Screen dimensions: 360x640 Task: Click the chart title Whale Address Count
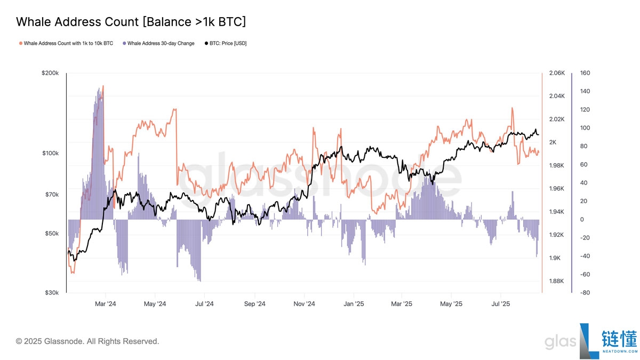coord(131,22)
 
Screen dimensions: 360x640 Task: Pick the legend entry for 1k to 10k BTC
coord(68,43)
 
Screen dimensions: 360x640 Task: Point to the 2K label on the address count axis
coord(553,142)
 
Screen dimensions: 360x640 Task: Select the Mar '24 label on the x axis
coord(105,304)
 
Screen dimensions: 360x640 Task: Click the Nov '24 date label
coord(304,304)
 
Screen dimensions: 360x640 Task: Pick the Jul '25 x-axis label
coord(500,304)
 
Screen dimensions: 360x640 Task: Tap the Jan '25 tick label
coord(353,304)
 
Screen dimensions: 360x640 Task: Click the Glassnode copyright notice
coord(87,341)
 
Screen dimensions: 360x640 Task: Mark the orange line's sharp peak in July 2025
coord(513,108)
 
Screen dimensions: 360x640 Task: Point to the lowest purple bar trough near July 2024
coord(199,281)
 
